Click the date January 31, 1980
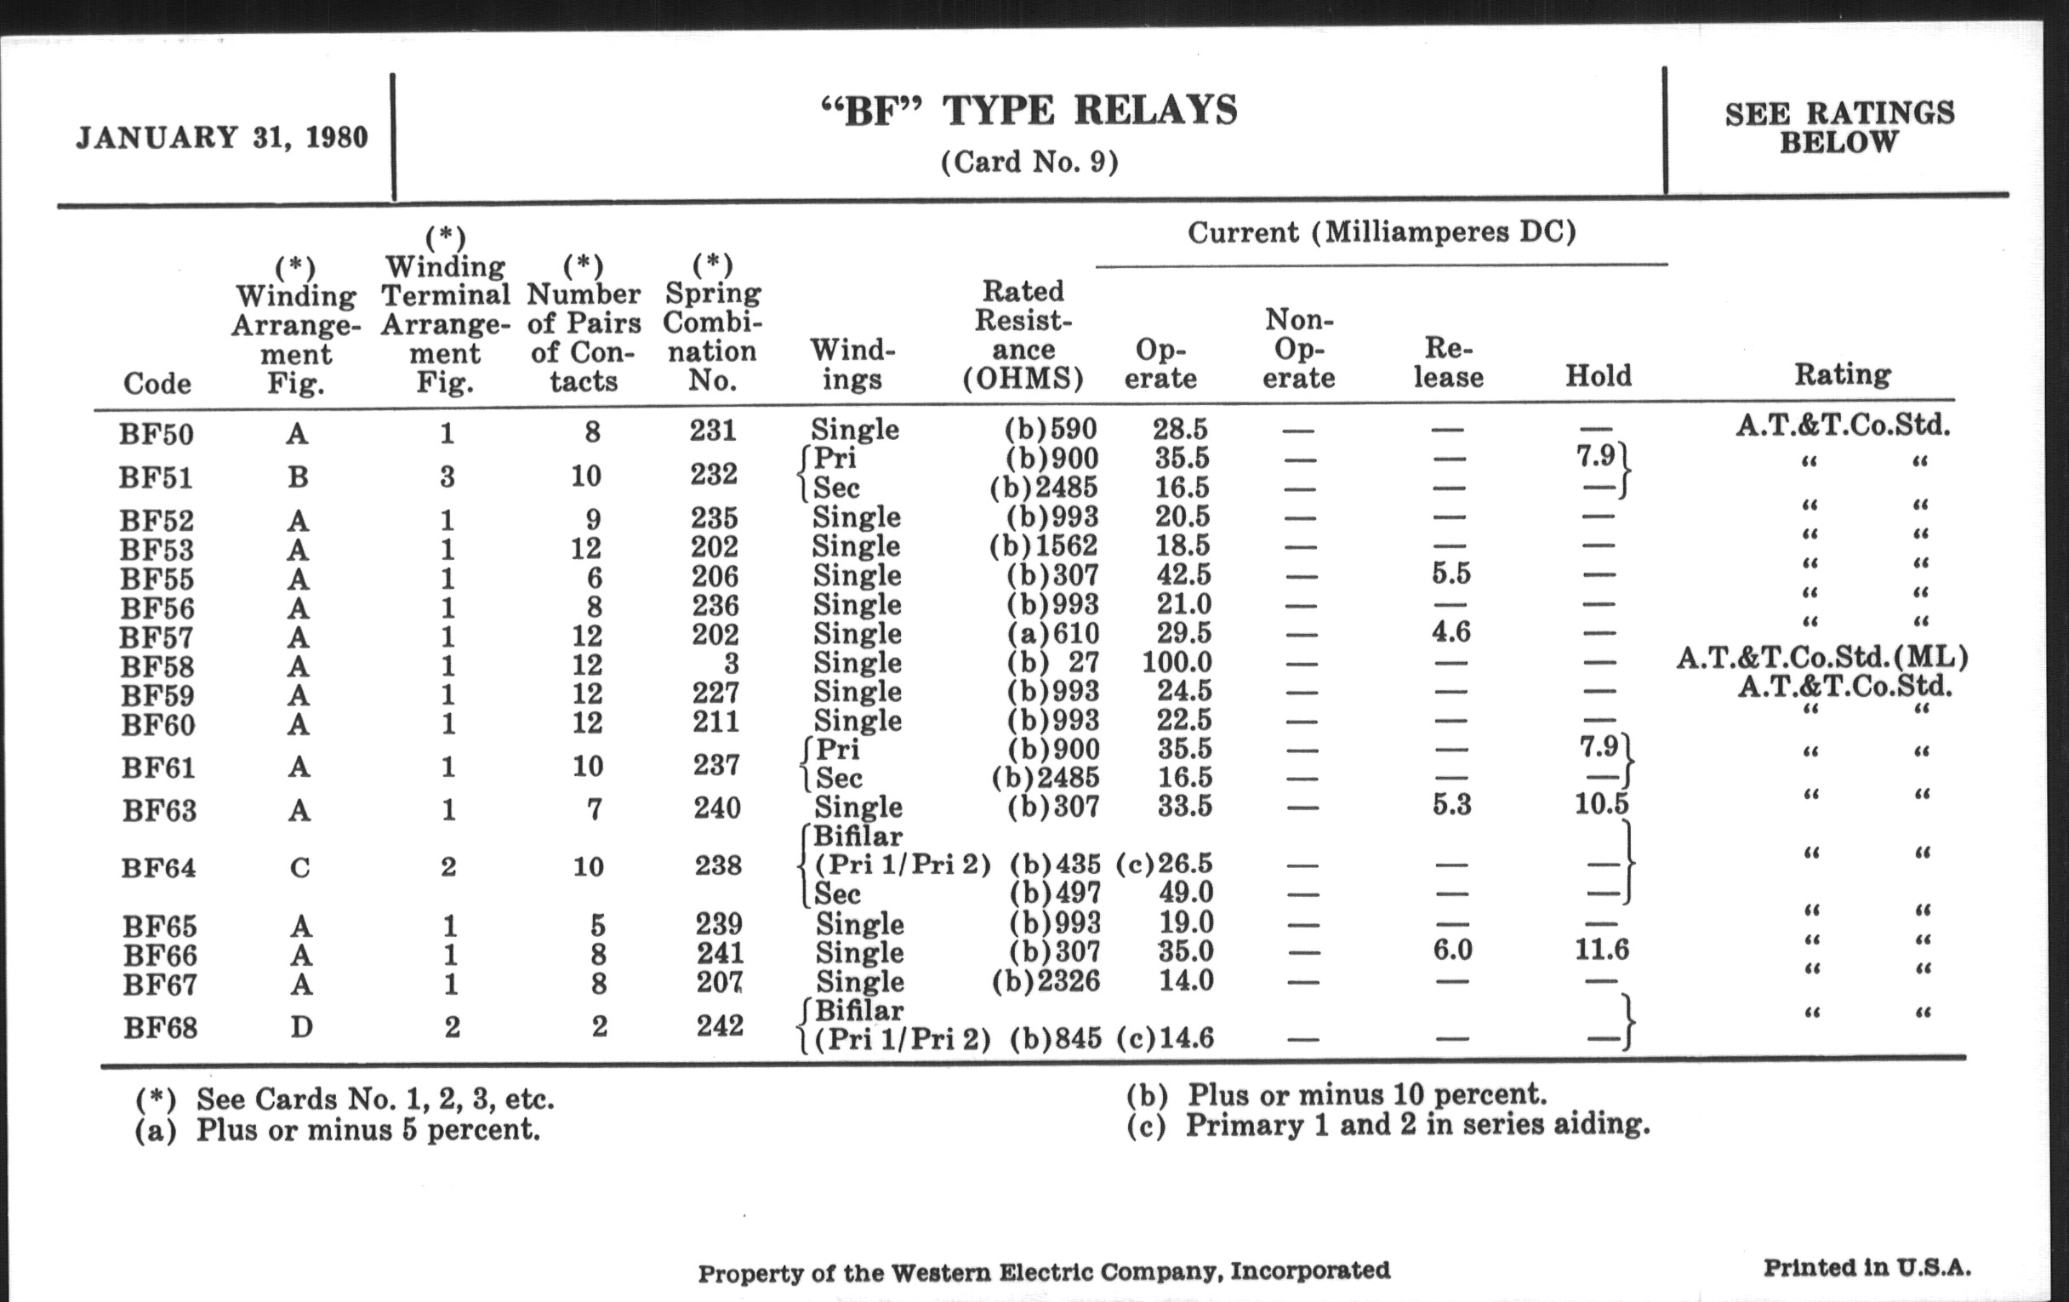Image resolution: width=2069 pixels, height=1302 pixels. point(222,138)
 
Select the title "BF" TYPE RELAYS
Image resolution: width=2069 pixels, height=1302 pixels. point(1029,111)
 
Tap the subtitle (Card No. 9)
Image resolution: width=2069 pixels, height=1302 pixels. point(1029,162)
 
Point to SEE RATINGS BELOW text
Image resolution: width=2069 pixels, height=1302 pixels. point(1839,127)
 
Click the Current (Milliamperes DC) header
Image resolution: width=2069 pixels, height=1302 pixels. point(1382,232)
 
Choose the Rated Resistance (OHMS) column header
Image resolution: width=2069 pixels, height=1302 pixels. point(1023,334)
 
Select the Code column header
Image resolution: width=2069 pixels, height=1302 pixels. point(157,382)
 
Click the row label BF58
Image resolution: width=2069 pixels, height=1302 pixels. point(158,666)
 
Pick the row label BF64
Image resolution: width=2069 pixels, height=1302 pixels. point(159,867)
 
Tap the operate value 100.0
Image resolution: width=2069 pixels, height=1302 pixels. point(1177,663)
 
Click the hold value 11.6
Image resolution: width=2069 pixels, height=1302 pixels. point(1602,949)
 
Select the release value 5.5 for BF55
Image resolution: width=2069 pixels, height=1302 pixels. point(1451,574)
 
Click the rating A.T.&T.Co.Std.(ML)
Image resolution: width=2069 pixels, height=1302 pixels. point(1821,658)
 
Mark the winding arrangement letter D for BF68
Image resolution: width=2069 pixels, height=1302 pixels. point(300,1026)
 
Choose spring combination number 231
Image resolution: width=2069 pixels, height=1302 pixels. point(713,430)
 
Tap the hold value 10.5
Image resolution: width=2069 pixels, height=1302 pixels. point(1602,804)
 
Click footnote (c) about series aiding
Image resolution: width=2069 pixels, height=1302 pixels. point(1388,1124)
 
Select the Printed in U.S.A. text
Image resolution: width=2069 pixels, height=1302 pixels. point(1867,1268)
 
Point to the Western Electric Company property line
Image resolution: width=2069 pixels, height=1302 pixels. point(1043,1271)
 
